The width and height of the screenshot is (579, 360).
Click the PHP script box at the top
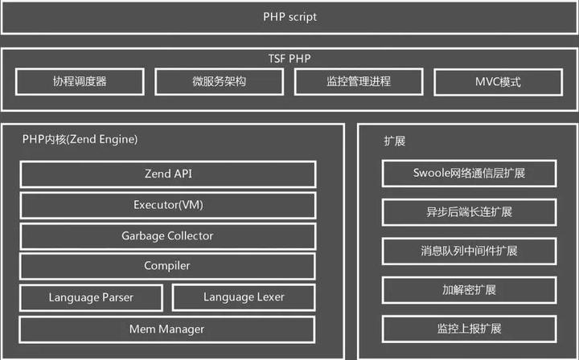point(289,17)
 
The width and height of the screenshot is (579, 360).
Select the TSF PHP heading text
point(289,59)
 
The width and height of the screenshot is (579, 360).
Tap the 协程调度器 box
point(80,82)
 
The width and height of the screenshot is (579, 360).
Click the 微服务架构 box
point(219,82)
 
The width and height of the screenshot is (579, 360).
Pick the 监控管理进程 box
point(359,82)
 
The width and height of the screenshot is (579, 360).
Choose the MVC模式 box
point(499,82)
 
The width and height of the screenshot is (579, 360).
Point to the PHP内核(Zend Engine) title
point(80,139)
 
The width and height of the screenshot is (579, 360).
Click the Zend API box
point(167,174)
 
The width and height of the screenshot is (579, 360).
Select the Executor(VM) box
point(167,205)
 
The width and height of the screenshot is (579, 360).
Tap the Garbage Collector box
point(167,235)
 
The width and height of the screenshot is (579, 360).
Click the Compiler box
point(167,266)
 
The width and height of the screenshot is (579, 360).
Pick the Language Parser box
point(91,297)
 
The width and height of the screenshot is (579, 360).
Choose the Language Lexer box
point(244,297)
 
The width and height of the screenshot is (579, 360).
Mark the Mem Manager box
point(167,329)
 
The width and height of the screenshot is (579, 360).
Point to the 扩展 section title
point(394,141)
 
